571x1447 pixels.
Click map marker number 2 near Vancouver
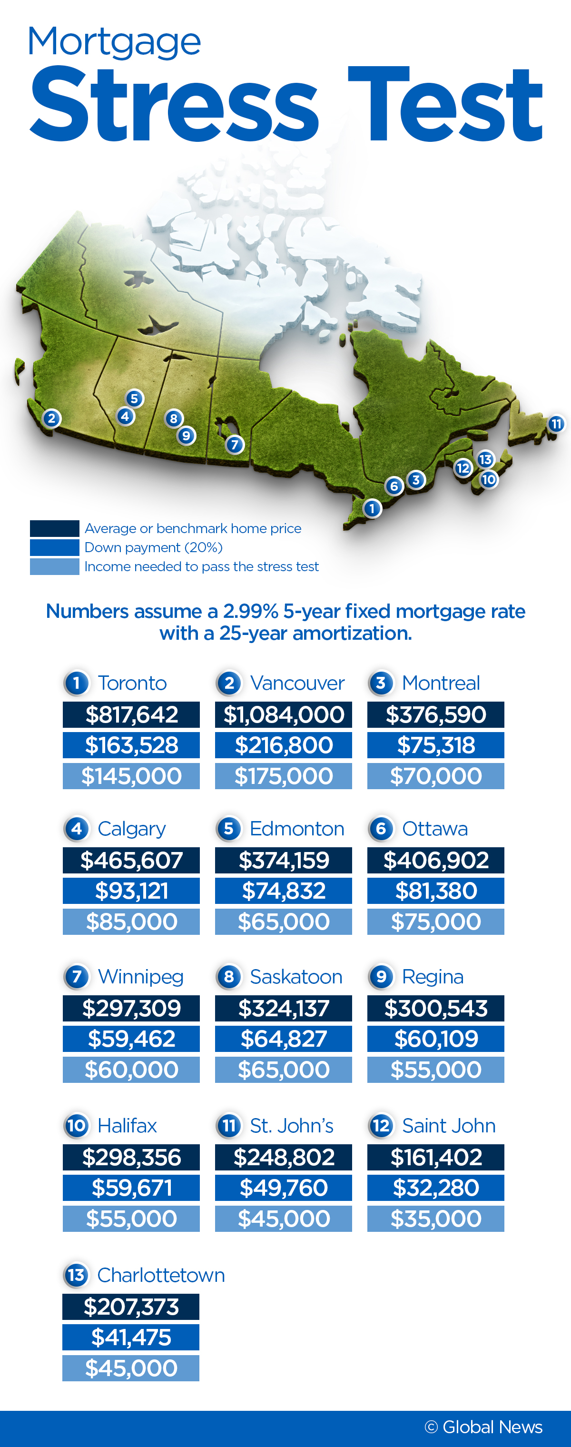pos(52,418)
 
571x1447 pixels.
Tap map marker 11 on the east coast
pos(556,424)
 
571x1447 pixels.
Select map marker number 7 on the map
pos(235,444)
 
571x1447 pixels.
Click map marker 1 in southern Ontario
pos(372,508)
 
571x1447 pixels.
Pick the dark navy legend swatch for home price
pos(54,528)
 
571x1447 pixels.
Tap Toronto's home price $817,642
pos(131,714)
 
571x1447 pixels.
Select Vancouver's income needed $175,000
pos(284,776)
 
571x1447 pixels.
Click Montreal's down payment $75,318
pos(436,745)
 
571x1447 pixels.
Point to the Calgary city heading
pos(131,829)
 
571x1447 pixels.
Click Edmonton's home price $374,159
pos(284,860)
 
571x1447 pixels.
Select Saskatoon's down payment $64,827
pos(284,1039)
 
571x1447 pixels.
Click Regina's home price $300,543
pos(436,1008)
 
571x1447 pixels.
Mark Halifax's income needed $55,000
pos(131,1219)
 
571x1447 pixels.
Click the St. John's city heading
pos(291,1126)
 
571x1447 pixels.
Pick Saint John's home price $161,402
pos(436,1157)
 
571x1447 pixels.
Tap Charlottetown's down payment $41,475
pos(131,1337)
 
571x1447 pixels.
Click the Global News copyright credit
pos(483,1427)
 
